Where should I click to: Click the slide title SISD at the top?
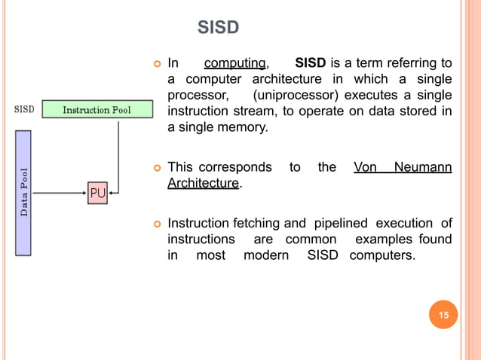coord(218,28)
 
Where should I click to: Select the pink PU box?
coord(97,194)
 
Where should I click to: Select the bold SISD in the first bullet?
coord(311,63)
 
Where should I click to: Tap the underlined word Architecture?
coord(202,183)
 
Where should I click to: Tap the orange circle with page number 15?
coord(443,315)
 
